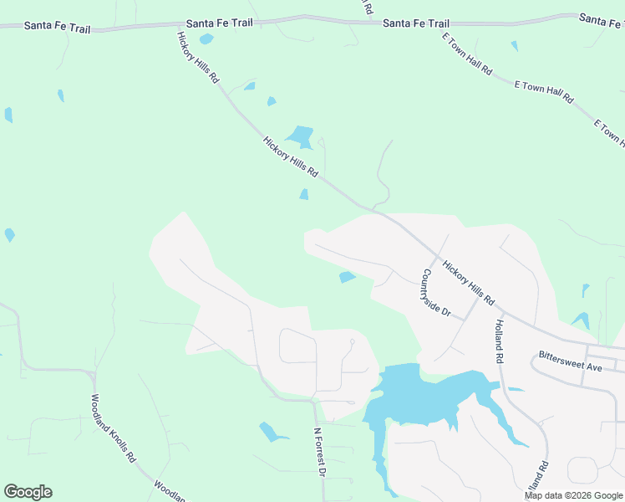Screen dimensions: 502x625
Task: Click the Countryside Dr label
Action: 436,293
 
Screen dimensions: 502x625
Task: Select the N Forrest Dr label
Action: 318,453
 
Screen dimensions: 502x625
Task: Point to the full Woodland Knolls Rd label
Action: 113,428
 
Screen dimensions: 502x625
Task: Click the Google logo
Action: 28,492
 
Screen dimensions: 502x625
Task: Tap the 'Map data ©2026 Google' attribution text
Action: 574,495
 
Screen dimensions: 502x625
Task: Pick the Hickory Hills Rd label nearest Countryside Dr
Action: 469,283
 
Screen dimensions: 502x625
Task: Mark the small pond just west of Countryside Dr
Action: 347,277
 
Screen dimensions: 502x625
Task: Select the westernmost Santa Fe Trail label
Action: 57,27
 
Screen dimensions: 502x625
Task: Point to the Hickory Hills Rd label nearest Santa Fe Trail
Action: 198,57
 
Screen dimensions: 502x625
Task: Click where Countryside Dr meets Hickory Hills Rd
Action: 434,256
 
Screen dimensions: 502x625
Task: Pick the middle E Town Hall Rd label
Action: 544,92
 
